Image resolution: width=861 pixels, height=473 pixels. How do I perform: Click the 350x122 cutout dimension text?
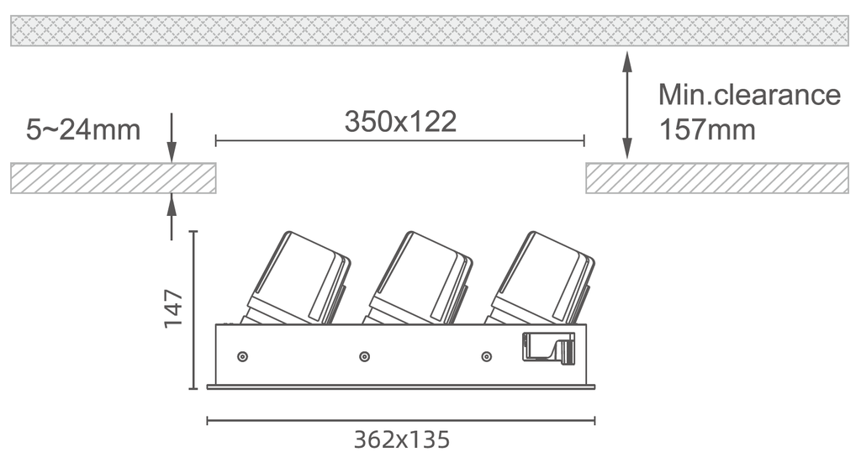tap(400, 122)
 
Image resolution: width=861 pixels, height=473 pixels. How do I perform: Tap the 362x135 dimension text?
tap(401, 439)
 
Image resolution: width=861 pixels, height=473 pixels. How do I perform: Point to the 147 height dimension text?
tap(173, 309)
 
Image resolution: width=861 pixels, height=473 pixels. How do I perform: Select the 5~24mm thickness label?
tap(83, 130)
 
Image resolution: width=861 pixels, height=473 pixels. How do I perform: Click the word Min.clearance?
tap(749, 94)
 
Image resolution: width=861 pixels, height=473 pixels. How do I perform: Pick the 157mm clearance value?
tap(707, 130)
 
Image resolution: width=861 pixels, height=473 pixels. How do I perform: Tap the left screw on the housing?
tap(242, 357)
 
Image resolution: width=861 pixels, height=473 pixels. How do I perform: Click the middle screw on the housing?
tap(364, 357)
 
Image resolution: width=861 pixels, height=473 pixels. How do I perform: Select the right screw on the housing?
tap(486, 357)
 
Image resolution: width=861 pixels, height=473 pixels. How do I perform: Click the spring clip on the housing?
tap(548, 347)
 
